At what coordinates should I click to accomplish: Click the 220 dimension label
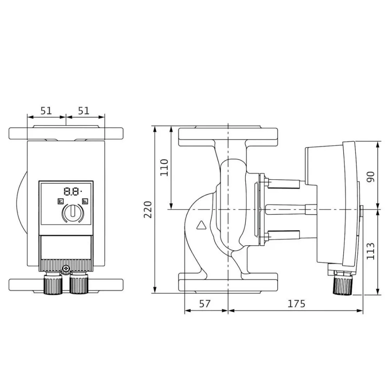148,209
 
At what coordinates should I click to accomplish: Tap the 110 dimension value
164,168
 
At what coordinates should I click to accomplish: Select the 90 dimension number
370,177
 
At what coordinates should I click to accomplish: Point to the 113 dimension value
370,251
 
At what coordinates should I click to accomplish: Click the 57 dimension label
205,304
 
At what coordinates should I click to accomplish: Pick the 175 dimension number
296,304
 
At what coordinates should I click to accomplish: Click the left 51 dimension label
46,111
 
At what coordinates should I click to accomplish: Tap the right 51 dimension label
83,111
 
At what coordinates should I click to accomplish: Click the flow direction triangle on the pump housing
202,225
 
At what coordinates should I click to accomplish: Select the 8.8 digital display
73,191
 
